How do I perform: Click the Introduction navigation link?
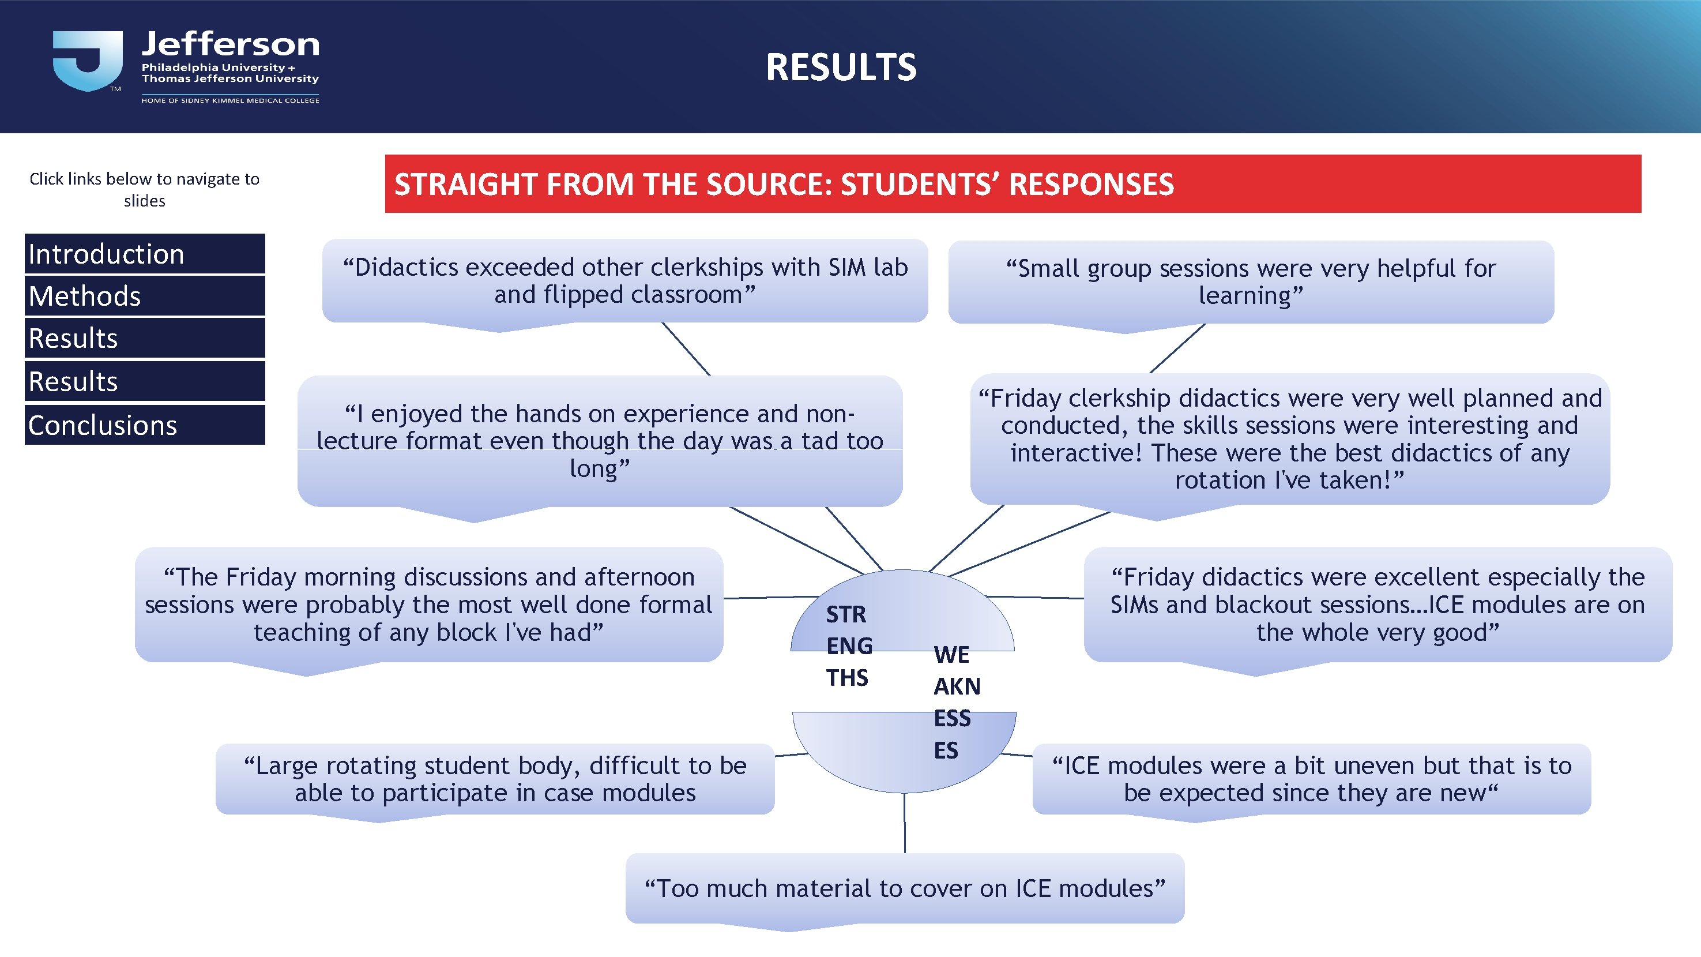point(145,254)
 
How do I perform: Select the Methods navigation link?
point(145,296)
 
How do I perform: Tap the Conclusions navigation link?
point(145,425)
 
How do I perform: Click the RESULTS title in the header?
point(841,67)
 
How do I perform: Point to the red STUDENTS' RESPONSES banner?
point(1013,183)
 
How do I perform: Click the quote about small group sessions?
point(1250,282)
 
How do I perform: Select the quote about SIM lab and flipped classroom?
point(624,281)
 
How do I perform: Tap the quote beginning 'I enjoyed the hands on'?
point(600,441)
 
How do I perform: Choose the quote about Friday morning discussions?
point(428,605)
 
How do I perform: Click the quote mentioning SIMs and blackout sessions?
point(1378,605)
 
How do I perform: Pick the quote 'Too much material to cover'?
point(905,888)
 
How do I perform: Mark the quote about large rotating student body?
point(495,779)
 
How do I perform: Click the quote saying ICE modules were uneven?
point(1311,779)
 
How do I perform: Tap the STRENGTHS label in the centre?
point(849,645)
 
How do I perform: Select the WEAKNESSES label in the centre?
point(955,702)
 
